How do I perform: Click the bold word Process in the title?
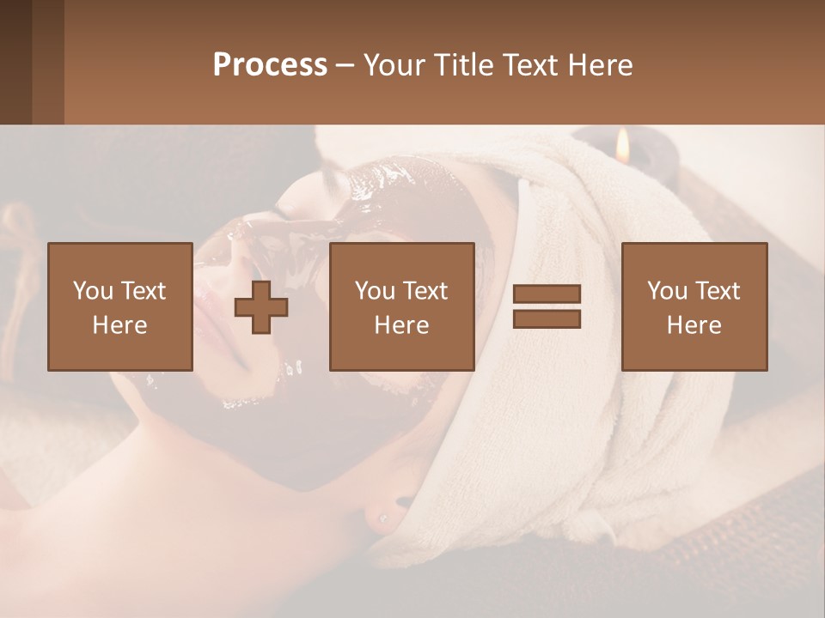click(x=270, y=65)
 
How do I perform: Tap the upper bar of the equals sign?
click(x=547, y=294)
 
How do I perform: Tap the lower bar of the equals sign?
click(x=547, y=319)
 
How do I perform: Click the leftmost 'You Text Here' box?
click(x=119, y=306)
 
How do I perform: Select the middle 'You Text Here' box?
click(x=401, y=306)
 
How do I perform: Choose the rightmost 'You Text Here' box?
click(x=694, y=306)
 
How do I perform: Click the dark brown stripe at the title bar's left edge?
click(x=15, y=62)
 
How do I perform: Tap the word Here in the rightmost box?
click(x=694, y=325)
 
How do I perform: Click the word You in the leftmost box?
click(x=93, y=291)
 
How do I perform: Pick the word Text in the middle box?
click(x=425, y=291)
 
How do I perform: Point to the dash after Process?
click(x=345, y=65)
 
